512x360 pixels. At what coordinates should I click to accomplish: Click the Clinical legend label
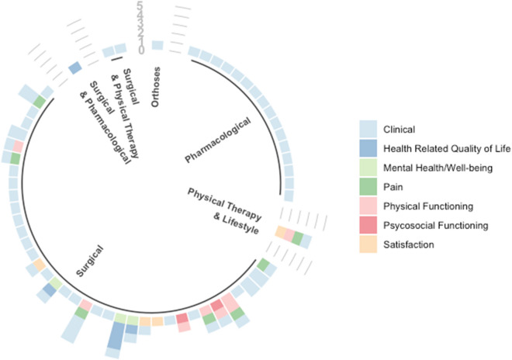pos(400,130)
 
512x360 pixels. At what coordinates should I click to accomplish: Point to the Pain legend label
pos(394,187)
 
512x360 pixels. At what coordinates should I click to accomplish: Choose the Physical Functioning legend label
pos(429,206)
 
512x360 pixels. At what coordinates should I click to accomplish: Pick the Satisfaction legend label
pos(408,244)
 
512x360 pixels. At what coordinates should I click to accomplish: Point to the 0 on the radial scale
pos(140,50)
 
